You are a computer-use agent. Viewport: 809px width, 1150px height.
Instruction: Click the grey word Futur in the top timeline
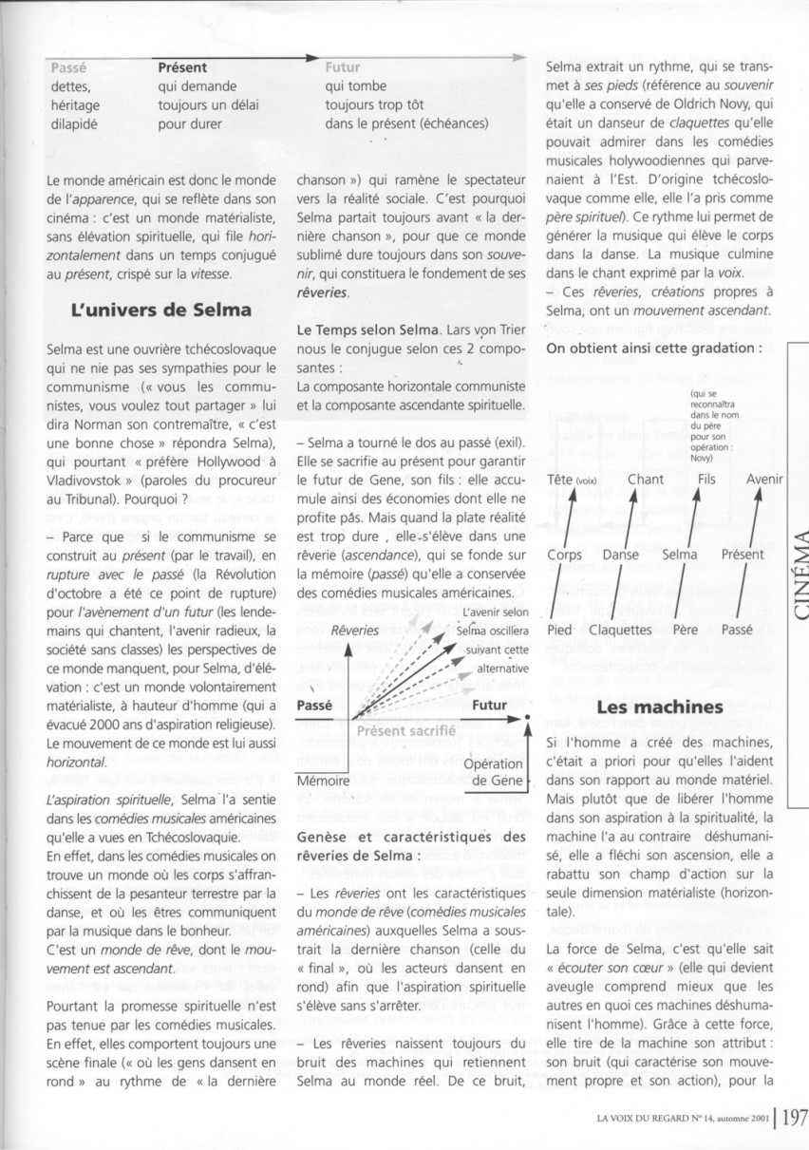(342, 67)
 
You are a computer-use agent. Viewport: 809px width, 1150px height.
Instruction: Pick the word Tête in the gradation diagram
(560, 480)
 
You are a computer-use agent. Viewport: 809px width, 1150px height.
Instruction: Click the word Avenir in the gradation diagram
(764, 480)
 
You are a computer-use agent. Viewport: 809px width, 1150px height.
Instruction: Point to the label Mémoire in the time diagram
(323, 780)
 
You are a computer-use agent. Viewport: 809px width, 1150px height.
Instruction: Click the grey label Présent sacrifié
(405, 730)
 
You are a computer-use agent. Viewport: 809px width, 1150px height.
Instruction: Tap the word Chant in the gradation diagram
(646, 480)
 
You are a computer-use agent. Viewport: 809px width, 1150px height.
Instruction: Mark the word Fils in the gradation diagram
(706, 480)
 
